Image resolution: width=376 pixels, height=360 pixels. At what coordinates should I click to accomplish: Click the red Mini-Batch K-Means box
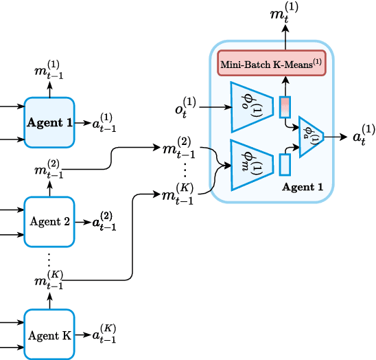click(272, 64)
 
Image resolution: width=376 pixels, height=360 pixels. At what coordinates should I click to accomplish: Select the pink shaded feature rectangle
click(285, 107)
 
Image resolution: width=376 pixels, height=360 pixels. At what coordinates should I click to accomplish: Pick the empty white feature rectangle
click(285, 164)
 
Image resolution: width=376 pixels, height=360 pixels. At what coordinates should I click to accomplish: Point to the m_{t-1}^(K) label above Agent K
click(49, 280)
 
